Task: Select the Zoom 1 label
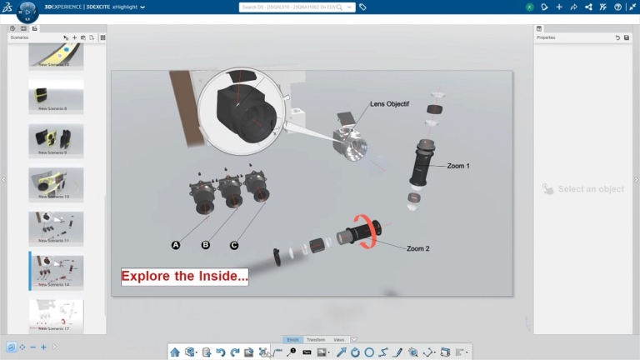457,166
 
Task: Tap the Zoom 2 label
418,248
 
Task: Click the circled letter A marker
176,245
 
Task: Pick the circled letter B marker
206,245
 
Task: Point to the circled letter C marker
234,245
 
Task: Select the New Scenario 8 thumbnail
56,96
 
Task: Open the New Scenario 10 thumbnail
56,183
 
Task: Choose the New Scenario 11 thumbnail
56,227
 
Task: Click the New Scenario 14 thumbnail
56,271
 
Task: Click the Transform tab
316,340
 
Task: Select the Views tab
338,340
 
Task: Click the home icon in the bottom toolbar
175,352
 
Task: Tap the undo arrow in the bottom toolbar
220,352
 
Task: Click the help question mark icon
617,7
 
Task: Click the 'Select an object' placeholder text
591,189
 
